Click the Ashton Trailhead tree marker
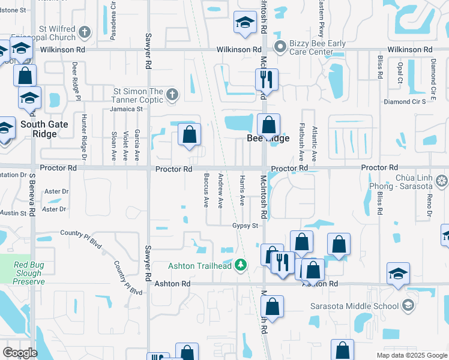point(241,265)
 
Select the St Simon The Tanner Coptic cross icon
point(172,94)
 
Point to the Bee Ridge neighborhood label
point(268,139)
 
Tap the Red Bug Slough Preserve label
point(29,273)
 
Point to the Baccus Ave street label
point(206,191)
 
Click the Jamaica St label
point(125,109)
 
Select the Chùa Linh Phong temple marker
point(442,180)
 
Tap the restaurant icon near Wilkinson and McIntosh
point(265,79)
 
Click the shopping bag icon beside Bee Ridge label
point(269,125)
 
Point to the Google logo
point(20,353)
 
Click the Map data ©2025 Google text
point(411,355)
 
